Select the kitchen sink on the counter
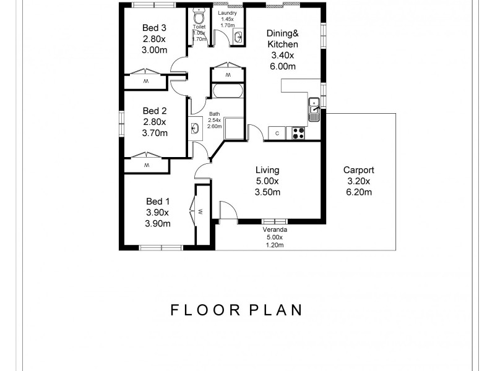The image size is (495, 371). point(314,109)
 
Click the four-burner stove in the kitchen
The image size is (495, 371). point(299,132)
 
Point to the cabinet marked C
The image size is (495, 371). point(277,132)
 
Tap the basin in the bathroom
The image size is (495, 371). point(195,129)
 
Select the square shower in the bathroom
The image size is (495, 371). point(235,128)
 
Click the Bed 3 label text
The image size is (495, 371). point(154,27)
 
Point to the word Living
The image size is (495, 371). point(268,170)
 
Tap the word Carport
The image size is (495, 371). point(359,170)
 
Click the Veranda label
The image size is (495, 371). point(274,229)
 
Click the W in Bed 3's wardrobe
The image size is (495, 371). point(147,82)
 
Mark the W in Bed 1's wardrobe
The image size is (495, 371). point(201,213)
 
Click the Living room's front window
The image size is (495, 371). point(274,221)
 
